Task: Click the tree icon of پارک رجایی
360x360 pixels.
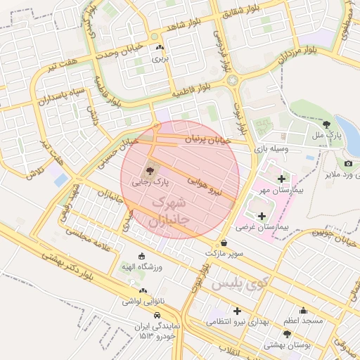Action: pos(149,169)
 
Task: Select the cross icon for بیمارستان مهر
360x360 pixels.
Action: pos(283,179)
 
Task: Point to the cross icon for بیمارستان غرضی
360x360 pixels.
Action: pos(262,216)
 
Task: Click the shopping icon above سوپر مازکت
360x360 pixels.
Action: pos(224,243)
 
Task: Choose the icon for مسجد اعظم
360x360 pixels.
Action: pos(303,310)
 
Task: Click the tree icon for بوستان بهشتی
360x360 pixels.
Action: pos(286,333)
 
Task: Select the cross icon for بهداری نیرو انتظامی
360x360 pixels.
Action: pos(237,310)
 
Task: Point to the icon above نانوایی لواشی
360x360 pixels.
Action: pos(143,290)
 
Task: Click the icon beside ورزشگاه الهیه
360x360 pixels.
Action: pos(142,257)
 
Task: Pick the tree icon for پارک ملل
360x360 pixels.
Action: pos(326,124)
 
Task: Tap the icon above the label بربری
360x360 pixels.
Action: pos(160,49)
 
